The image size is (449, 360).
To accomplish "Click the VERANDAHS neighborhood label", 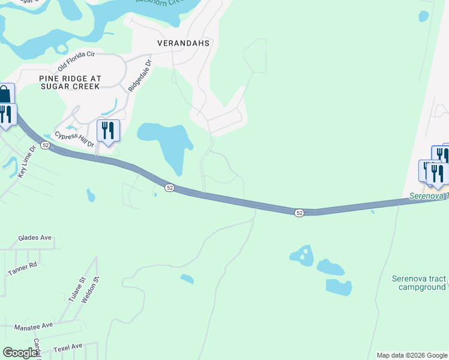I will click(x=183, y=43).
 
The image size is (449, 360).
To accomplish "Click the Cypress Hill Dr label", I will click(x=75, y=140).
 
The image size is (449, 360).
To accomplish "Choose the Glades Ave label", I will click(x=35, y=238).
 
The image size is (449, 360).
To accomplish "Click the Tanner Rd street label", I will click(x=23, y=268).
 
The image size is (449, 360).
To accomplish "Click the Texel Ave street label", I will click(x=67, y=347).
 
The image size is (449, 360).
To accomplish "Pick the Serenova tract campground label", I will click(x=419, y=283).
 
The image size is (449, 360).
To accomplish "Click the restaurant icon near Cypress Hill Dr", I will click(x=108, y=130).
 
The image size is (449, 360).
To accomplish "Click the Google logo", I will click(x=20, y=353).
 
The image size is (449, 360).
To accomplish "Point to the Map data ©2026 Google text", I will click(x=411, y=355).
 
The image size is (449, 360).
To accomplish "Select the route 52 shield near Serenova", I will click(x=299, y=212).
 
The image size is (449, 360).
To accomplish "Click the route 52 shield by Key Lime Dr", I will click(x=46, y=145).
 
